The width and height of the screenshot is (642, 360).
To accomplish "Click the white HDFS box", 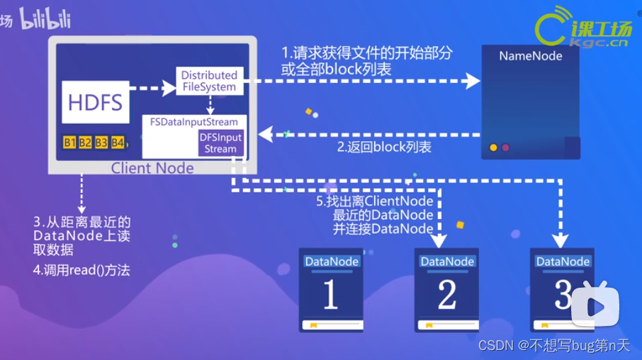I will pos(96,103).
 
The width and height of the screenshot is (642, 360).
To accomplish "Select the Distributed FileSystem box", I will pos(209,81).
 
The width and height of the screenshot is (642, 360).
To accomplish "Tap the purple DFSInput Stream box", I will pos(220,143).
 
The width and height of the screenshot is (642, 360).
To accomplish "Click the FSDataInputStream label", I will pos(193,122).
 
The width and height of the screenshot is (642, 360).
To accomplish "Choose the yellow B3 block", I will pos(101,143).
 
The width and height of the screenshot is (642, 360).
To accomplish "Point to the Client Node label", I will pos(152,168).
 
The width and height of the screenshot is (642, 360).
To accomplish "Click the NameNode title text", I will pos(531,56).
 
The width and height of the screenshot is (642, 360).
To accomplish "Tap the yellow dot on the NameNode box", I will pos(493,147).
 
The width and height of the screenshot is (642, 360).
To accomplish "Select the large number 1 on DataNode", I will pos(330,296).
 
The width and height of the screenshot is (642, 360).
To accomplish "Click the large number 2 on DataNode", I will pos(446,296).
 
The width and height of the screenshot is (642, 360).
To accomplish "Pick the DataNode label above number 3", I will pos(563,261).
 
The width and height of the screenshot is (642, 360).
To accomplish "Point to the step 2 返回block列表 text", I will pos(383,147).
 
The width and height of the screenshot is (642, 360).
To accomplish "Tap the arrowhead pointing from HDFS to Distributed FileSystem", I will pos(169,88).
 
